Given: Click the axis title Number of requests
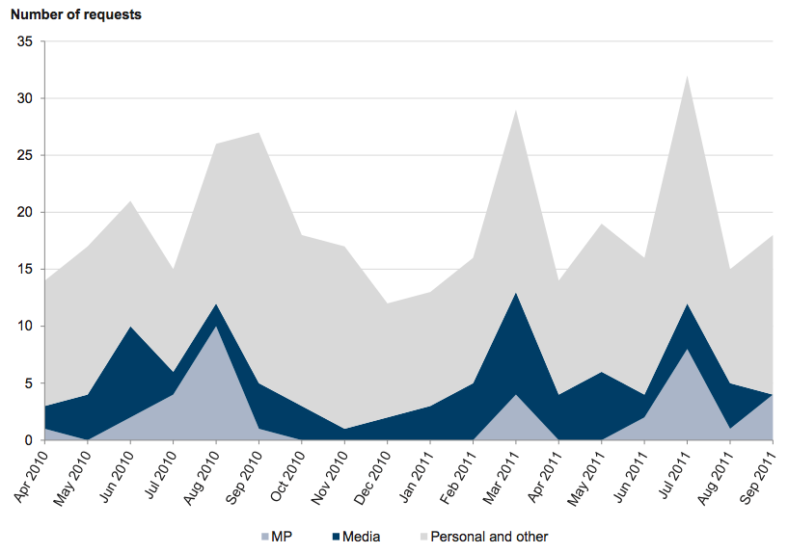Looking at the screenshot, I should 75,15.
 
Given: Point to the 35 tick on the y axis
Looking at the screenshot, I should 25,42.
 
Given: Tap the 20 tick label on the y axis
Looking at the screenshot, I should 25,213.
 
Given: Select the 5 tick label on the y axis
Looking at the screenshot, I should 29,383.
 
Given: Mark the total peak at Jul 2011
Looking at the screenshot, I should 687,76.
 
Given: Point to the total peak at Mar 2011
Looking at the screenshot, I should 516,111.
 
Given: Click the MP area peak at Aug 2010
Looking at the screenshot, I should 216,327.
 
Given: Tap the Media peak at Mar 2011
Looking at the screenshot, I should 516,293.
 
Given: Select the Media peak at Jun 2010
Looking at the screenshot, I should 131,327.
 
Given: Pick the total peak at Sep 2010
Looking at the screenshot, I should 259,133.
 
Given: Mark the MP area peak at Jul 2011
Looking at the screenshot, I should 687,349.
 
